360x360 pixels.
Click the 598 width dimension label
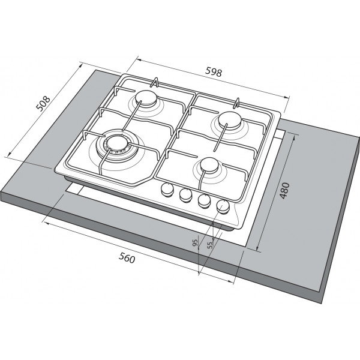[214, 71]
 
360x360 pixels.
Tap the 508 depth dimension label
[43, 104]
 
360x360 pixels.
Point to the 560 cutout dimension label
[127, 258]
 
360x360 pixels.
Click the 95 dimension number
[195, 242]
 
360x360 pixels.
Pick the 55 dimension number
[210, 245]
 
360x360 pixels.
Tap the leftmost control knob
[167, 190]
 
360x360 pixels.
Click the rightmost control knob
[223, 206]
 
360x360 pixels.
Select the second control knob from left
[186, 195]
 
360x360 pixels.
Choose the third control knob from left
[204, 200]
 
